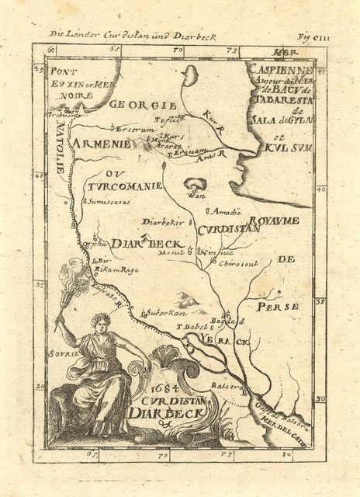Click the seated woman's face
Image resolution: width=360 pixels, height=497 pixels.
click(x=100, y=320)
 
